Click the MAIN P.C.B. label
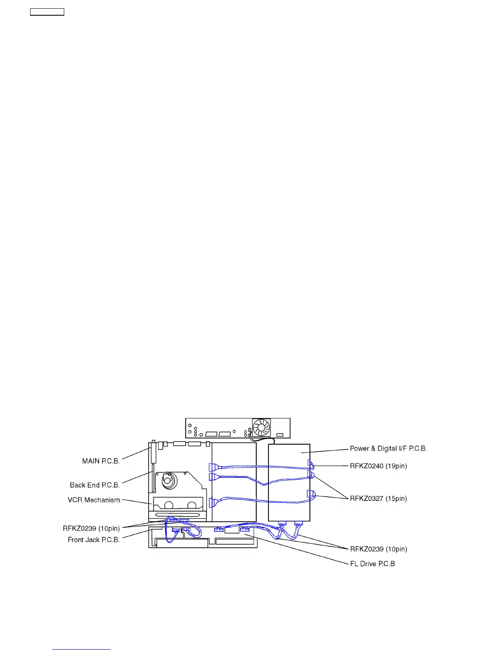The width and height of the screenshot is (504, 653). tap(101, 461)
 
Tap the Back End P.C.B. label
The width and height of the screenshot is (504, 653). tap(95, 485)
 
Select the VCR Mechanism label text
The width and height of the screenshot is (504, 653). tap(94, 500)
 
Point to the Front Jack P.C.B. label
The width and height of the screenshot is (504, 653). tap(94, 540)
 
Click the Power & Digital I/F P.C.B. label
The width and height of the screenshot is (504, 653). tap(388, 448)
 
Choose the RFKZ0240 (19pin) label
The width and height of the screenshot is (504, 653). tap(378, 466)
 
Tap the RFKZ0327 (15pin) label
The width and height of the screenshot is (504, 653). tap(378, 498)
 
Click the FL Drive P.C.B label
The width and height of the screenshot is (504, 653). tap(372, 564)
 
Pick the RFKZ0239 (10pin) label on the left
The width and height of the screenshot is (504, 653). tap(91, 528)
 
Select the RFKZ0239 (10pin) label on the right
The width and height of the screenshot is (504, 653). tap(378, 549)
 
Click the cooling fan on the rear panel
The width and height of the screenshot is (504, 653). tap(261, 428)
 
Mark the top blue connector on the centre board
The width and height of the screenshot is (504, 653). tap(212, 467)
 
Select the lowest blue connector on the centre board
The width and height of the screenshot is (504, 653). tap(212, 503)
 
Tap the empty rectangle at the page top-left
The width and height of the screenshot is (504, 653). tap(47, 12)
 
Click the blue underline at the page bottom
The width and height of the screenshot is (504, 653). tap(82, 649)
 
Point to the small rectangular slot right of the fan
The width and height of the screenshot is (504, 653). tap(280, 435)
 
